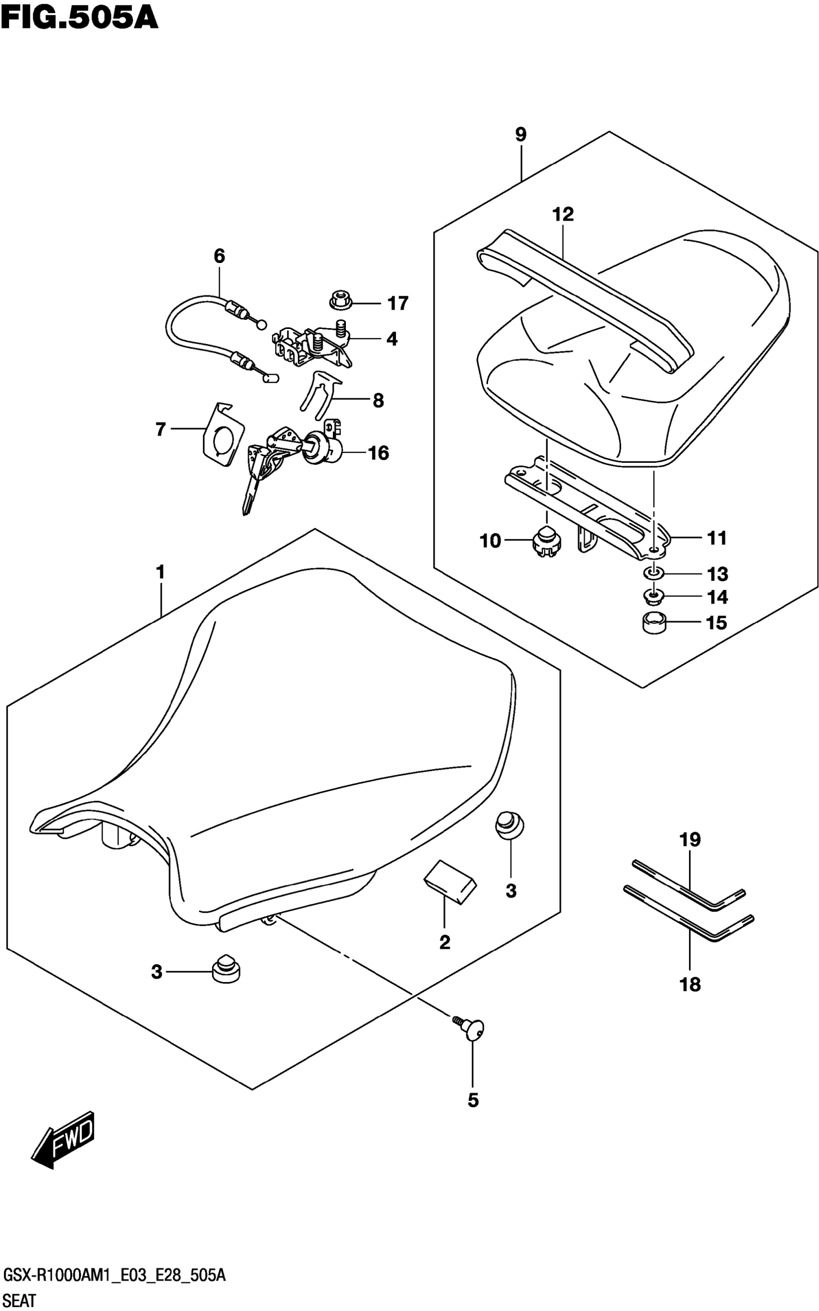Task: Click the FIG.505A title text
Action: pos(79,17)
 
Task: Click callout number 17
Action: pos(398,303)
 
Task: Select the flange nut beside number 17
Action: pos(341,300)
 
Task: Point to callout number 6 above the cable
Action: pos(219,256)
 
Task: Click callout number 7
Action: pos(160,430)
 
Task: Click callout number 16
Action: pos(379,453)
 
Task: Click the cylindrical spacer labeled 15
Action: pos(654,623)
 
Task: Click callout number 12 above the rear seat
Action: pos(563,214)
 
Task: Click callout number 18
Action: pos(690,984)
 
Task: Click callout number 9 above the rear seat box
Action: pos(520,135)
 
